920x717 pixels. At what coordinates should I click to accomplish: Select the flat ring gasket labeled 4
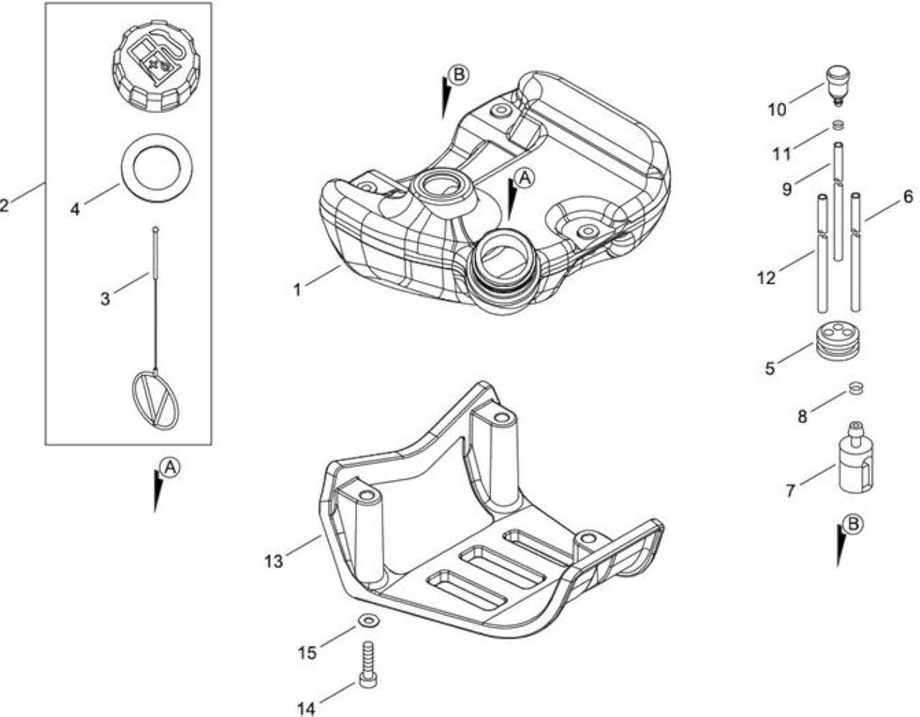(x=157, y=167)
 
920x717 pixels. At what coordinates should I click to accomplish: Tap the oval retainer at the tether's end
(x=155, y=400)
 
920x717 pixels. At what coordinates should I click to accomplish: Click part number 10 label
(x=777, y=109)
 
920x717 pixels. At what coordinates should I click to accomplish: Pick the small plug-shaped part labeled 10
(x=837, y=86)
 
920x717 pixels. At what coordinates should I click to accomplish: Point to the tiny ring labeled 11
(x=838, y=125)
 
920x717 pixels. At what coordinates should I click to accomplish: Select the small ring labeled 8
(x=856, y=388)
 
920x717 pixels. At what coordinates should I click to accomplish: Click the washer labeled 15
(x=368, y=621)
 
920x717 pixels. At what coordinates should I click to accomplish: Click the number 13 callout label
(x=274, y=561)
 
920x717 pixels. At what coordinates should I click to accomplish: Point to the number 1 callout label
(x=298, y=290)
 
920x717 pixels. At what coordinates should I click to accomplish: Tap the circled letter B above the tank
(x=459, y=75)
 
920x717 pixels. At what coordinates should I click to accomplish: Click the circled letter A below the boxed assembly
(x=170, y=467)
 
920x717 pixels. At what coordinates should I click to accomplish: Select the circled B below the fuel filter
(x=852, y=524)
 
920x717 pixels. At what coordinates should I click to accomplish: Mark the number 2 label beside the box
(x=4, y=206)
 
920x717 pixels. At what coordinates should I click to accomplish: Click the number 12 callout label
(x=766, y=278)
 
